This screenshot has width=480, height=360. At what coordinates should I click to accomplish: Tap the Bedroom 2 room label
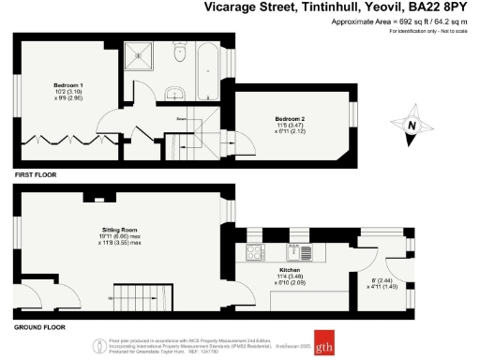pyautogui.click(x=288, y=118)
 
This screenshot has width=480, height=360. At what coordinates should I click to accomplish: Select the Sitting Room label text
pyautogui.click(x=120, y=229)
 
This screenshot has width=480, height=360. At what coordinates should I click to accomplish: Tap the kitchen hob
pyautogui.click(x=254, y=251)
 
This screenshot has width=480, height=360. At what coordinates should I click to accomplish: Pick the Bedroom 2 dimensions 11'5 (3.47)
pyautogui.click(x=288, y=125)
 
